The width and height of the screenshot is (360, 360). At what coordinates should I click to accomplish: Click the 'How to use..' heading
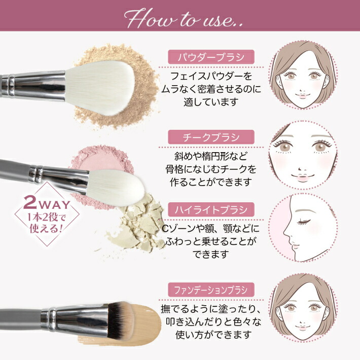click(x=179, y=19)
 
